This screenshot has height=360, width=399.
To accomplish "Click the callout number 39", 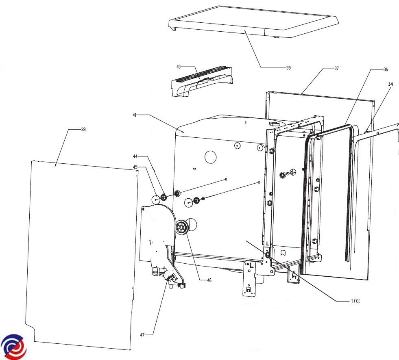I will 288,67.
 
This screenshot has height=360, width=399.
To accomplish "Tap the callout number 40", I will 179,66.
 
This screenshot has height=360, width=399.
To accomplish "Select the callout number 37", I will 336,68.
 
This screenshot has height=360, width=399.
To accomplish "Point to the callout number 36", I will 385,69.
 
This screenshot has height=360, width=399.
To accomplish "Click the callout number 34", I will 390,84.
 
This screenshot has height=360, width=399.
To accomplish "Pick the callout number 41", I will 134,115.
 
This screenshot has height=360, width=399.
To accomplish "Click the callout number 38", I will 83,129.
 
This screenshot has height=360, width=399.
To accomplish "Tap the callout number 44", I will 135,156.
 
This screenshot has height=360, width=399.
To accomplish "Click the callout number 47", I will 142,335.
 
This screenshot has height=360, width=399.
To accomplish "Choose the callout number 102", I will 355,301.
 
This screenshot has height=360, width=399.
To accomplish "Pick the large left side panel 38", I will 81,252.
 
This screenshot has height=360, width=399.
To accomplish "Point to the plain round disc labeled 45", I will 156,200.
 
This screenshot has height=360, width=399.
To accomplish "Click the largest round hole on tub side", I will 211,156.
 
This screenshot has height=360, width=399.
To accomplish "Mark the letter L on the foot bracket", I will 251,265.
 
